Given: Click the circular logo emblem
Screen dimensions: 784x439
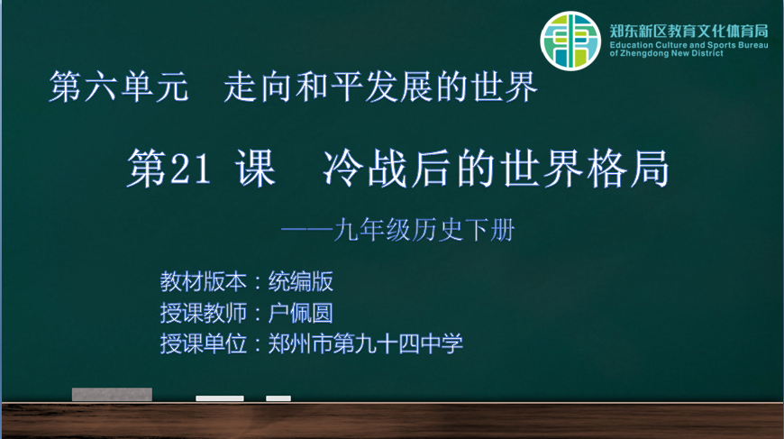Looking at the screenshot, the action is tap(570, 41).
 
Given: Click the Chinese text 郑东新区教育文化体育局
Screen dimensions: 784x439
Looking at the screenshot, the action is tap(688, 31).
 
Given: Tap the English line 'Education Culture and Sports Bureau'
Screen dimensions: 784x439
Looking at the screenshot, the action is tap(688, 45).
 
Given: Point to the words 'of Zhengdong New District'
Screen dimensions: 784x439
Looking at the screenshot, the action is tap(666, 53).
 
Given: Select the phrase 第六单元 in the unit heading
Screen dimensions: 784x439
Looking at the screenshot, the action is tap(118, 87).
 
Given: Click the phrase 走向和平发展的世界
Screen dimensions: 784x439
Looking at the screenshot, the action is tap(380, 87).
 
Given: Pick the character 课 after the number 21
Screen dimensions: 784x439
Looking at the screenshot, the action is tap(256, 169).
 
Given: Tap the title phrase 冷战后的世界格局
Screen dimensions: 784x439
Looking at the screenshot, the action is tap(496, 169).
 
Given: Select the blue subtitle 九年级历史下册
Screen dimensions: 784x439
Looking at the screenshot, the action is tap(424, 231).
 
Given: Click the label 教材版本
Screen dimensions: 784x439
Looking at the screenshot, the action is tap(203, 282).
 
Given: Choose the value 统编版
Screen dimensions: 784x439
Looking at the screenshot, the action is tap(300, 282).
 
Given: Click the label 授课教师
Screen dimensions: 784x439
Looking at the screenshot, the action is tap(203, 314).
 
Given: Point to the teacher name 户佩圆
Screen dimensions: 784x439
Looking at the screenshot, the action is tap(300, 314).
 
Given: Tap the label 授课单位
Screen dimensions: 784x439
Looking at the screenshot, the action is tap(203, 344).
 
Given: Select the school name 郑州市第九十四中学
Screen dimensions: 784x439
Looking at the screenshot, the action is tap(366, 344).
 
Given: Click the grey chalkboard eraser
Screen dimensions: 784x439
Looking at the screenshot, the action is tap(112, 395).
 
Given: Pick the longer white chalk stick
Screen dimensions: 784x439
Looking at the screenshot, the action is tap(220, 398).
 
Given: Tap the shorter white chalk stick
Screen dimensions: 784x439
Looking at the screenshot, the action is tap(278, 398).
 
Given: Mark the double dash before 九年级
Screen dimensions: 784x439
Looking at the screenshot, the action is tap(307, 231).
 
